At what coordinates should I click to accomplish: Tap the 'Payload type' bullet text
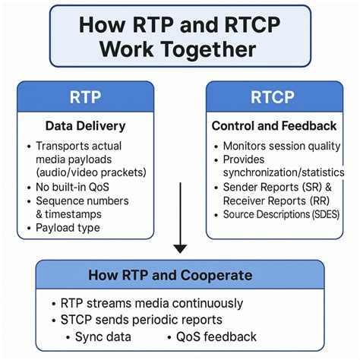pyautogui.click(x=69, y=227)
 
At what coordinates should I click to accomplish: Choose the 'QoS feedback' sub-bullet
pyautogui.click(x=216, y=336)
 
